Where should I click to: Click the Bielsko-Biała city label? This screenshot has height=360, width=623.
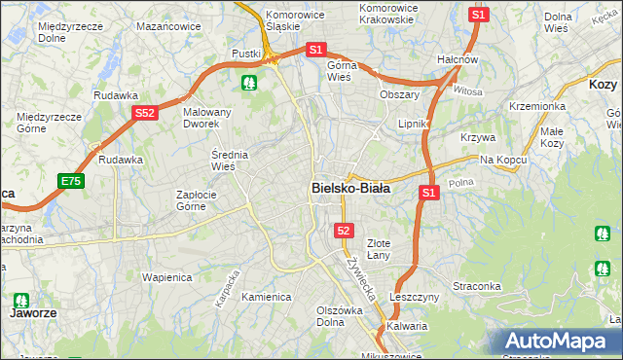[350, 188]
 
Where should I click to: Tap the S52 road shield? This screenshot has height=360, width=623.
[145, 114]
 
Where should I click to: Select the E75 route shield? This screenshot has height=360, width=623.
[70, 181]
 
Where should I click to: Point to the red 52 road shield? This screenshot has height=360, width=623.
[343, 231]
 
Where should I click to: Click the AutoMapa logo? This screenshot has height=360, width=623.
[556, 342]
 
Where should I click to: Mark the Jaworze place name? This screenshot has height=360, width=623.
[29, 314]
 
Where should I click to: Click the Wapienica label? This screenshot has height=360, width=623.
[165, 277]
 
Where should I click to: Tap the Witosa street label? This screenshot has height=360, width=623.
[467, 90]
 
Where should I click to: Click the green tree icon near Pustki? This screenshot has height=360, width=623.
[251, 82]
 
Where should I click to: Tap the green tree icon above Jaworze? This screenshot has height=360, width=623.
[19, 300]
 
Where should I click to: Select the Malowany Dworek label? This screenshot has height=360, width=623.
[207, 118]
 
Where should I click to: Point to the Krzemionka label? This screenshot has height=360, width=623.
[536, 105]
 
